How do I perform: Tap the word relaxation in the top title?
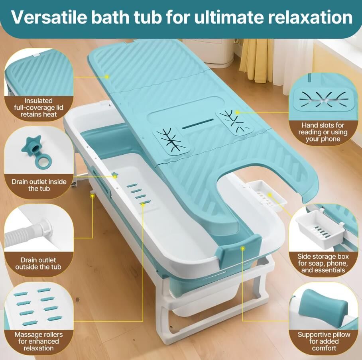click(310, 17)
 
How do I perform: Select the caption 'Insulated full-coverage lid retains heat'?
click(39, 108)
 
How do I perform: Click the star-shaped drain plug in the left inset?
click(31, 144)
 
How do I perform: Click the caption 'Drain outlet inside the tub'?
click(39, 185)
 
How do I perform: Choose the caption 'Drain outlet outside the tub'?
click(38, 264)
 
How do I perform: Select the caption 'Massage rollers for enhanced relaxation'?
click(39, 341)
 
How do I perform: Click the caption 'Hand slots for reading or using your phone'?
click(323, 132)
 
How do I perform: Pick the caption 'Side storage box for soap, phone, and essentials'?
click(323, 263)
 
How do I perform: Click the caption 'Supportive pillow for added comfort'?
click(324, 341)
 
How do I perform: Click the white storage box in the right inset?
click(319, 230)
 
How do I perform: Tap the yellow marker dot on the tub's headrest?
click(242, 248)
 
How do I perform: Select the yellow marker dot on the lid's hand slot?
click(237, 112)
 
